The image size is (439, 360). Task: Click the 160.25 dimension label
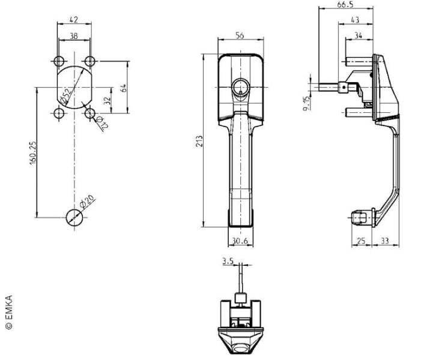pyautogui.click(x=33, y=153)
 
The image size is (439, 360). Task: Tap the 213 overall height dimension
pyautogui.click(x=199, y=141)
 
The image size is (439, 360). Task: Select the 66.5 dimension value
pyautogui.click(x=345, y=5)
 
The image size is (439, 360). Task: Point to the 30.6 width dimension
pyautogui.click(x=240, y=241)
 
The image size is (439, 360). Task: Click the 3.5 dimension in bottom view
pyautogui.click(x=228, y=261)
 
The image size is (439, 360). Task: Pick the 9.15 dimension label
pyautogui.click(x=306, y=103)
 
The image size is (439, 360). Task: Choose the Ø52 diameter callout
pyautogui.click(x=65, y=96)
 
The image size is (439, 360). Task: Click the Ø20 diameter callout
pyautogui.click(x=87, y=201)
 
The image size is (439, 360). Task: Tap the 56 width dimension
pyautogui.click(x=240, y=35)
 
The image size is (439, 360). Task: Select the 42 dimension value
pyautogui.click(x=74, y=20)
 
